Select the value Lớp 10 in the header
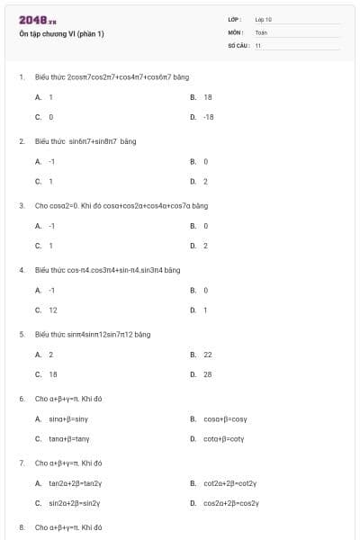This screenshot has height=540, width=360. tap(263, 19)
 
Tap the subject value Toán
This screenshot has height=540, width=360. tap(261, 32)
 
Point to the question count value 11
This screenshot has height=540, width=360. tap(258, 45)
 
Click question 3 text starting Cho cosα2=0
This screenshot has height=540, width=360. tap(121, 205)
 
